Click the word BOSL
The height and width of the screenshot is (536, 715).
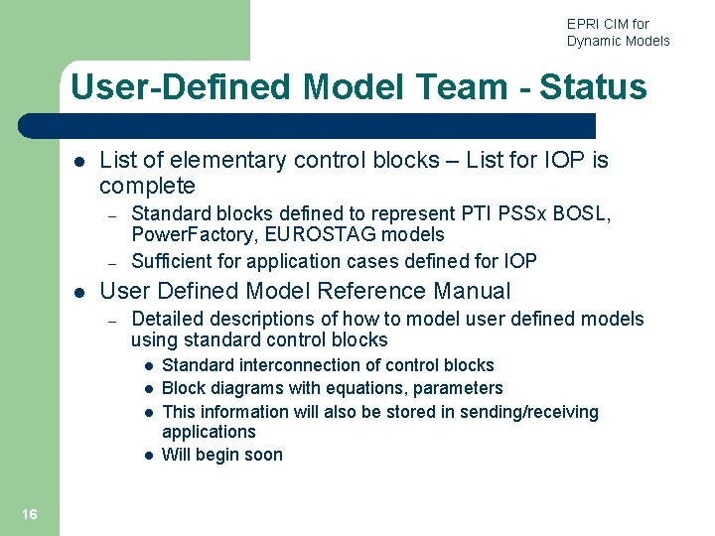tap(585, 213)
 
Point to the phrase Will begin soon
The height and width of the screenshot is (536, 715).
tap(221, 456)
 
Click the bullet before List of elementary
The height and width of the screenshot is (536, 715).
tap(78, 161)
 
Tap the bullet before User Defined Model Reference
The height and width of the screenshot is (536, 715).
tap(78, 292)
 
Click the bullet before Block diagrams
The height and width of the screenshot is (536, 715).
tap(146, 389)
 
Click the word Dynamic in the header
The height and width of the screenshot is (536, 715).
tap(595, 41)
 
